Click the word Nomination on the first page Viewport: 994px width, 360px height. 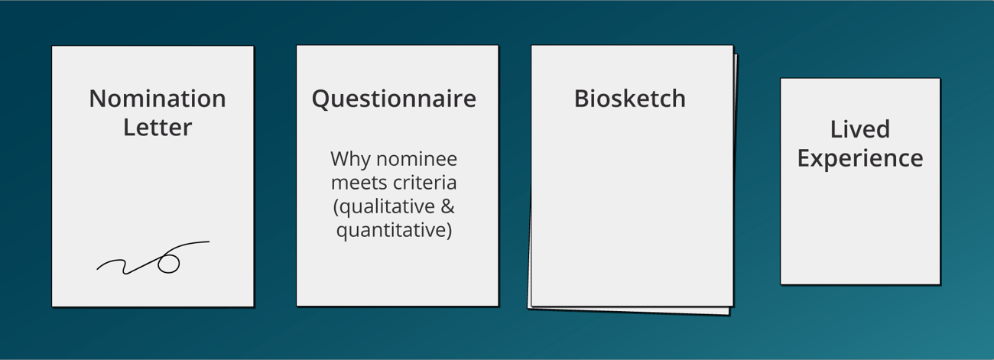(x=158, y=99)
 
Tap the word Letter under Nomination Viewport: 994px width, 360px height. (x=158, y=128)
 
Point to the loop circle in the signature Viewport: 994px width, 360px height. (x=169, y=264)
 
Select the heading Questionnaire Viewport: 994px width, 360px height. (x=394, y=99)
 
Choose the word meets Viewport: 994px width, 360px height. (x=356, y=183)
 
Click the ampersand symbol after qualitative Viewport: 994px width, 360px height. (x=448, y=207)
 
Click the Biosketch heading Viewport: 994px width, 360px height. (x=630, y=99)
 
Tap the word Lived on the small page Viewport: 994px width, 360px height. (x=860, y=129)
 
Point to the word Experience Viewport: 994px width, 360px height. (x=860, y=159)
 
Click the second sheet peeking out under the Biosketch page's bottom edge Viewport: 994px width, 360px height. (x=630, y=310)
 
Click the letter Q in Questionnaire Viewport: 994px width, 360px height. (x=322, y=99)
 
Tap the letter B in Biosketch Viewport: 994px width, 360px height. (x=582, y=99)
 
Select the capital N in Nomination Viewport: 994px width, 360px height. (x=98, y=99)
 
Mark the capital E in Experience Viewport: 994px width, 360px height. (x=804, y=157)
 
